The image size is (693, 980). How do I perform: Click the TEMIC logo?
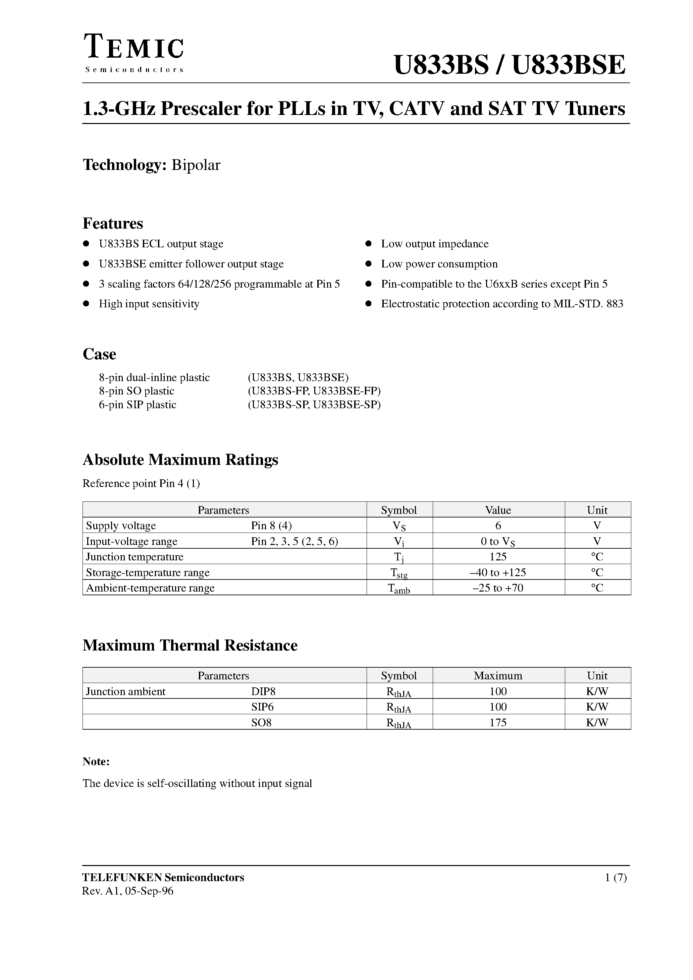pyautogui.click(x=134, y=52)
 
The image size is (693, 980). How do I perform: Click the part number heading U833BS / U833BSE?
pyautogui.click(x=509, y=65)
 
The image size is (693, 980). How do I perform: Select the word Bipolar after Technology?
pyautogui.click(x=196, y=165)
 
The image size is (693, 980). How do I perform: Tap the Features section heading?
pyautogui.click(x=113, y=223)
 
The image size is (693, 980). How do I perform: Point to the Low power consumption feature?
pyautogui.click(x=439, y=264)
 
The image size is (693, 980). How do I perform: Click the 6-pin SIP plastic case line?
pyautogui.click(x=138, y=405)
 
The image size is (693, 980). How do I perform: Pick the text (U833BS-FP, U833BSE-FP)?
pyautogui.click(x=314, y=391)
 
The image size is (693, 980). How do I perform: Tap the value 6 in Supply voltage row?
pyautogui.click(x=498, y=526)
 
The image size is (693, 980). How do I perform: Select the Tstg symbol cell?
pyautogui.click(x=399, y=573)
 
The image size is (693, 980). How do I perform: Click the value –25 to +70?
pyautogui.click(x=498, y=588)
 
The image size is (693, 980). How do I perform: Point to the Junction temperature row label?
pyautogui.click(x=135, y=557)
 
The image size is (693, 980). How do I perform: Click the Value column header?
pyautogui.click(x=498, y=510)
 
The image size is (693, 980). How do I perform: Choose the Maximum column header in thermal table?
pyautogui.click(x=498, y=676)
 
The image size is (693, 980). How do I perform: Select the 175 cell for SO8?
pyautogui.click(x=498, y=723)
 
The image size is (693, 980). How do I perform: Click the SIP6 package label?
pyautogui.click(x=262, y=707)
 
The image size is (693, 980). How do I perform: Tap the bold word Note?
pyautogui.click(x=96, y=761)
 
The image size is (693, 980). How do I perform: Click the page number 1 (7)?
pyautogui.click(x=616, y=877)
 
